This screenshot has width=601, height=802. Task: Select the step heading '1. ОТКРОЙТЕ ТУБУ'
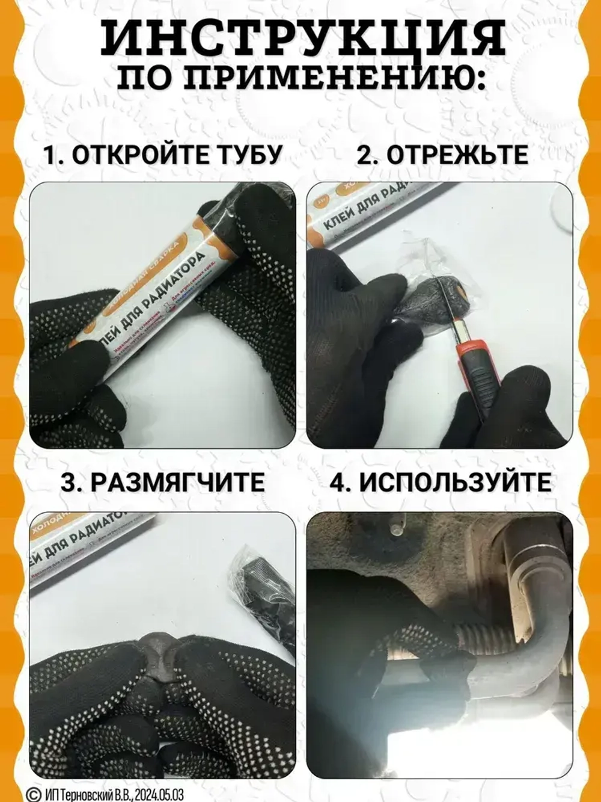click(162, 155)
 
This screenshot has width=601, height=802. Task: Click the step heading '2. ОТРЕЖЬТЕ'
click(442, 155)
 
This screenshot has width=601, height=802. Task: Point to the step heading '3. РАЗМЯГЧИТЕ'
click(162, 483)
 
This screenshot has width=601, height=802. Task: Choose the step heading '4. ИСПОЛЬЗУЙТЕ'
click(440, 483)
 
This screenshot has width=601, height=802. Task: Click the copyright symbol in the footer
click(35, 794)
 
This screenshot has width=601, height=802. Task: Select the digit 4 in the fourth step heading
click(340, 483)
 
